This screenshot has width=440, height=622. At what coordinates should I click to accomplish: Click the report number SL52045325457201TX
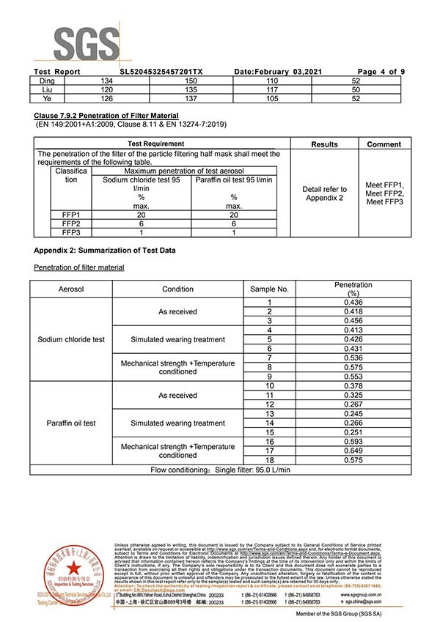point(161,71)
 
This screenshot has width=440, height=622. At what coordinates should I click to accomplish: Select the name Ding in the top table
point(47,80)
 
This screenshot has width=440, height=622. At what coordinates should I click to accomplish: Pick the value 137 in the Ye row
point(192,98)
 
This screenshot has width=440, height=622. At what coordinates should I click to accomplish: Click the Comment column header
point(384,144)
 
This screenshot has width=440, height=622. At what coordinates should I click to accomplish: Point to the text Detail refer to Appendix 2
point(324,194)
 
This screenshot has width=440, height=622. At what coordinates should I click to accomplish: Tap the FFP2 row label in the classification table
point(71,223)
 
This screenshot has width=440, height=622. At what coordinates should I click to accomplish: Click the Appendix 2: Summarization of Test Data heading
point(105,251)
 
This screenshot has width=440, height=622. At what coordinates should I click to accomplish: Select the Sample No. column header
point(269,289)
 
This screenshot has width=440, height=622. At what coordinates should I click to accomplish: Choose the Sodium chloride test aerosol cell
point(71,340)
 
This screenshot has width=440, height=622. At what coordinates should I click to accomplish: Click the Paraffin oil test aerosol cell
point(71,423)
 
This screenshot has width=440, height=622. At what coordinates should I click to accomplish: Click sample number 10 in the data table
point(269,386)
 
